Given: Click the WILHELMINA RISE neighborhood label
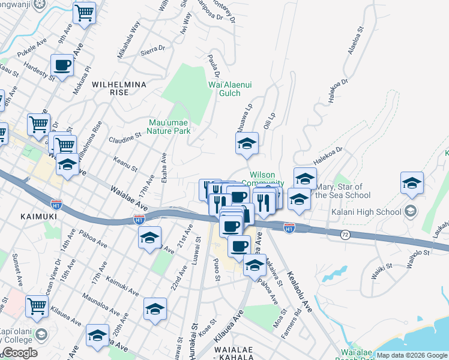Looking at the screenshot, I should [119, 89].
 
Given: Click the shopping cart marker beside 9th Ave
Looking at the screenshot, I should [85, 12].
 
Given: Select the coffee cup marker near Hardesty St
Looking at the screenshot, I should [62, 65].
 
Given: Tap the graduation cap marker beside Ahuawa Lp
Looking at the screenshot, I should [246, 144].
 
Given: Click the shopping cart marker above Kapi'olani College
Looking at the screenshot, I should [37, 306].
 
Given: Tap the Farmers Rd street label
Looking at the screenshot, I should [297, 322].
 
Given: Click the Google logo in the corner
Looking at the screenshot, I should [20, 353].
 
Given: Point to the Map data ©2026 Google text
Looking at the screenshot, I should [412, 355].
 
